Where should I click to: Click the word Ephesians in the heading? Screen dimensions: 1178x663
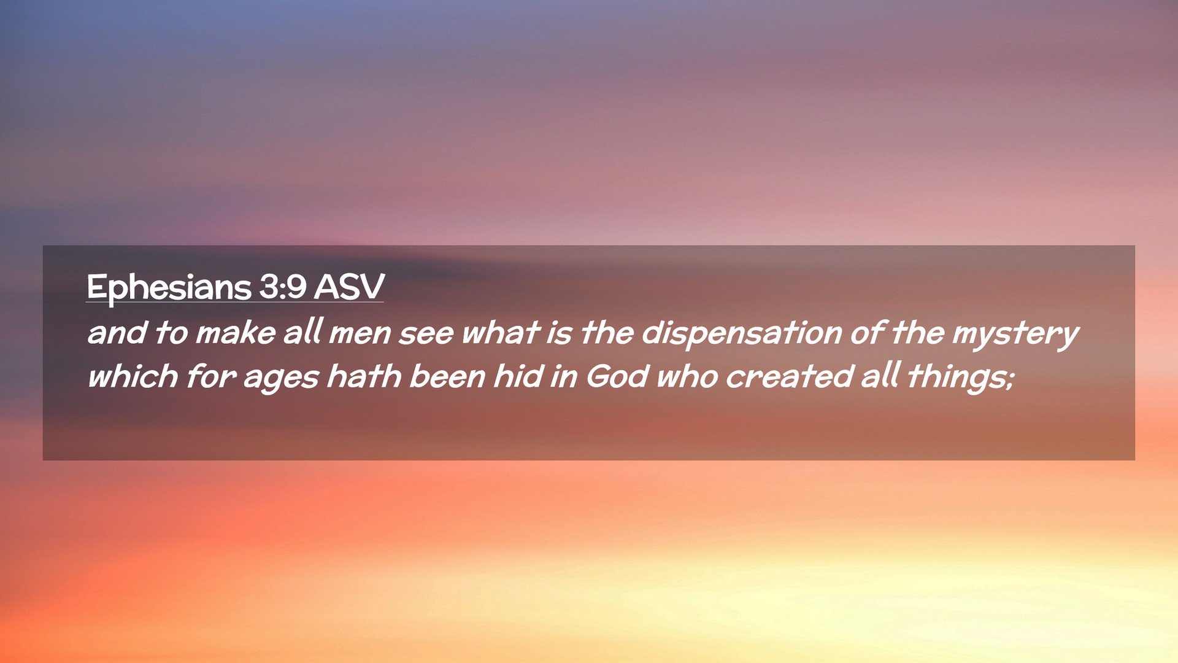click(169, 287)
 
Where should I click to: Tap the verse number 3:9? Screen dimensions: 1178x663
click(282, 286)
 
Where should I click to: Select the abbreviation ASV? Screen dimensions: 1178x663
click(349, 286)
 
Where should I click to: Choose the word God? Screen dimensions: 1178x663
click(617, 376)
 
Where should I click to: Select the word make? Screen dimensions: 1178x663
click(236, 333)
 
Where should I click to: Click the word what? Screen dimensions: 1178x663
click(500, 333)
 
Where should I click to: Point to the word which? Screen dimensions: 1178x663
click(133, 376)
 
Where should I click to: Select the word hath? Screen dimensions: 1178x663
click(364, 376)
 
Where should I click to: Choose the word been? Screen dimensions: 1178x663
click(447, 376)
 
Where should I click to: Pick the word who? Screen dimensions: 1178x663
click(687, 376)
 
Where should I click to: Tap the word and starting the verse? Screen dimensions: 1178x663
click(117, 333)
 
